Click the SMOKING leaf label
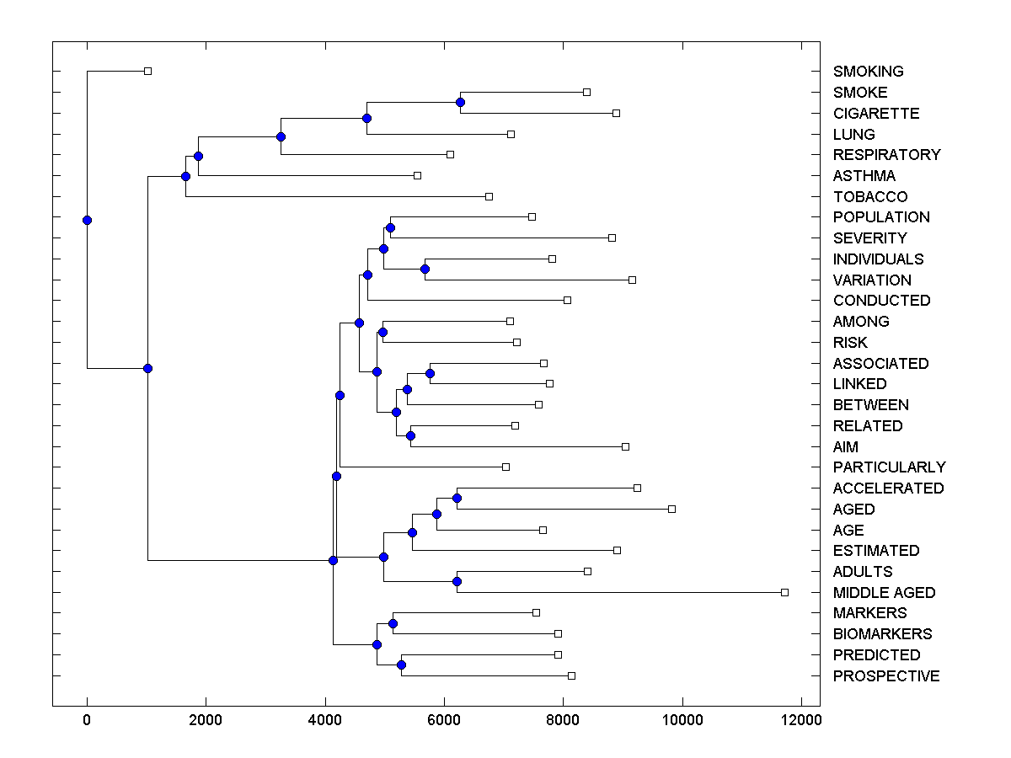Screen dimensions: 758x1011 (x=868, y=72)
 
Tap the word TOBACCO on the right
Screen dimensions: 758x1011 (x=870, y=197)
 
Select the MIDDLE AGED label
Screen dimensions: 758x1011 (x=884, y=593)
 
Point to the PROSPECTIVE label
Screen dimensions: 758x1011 (x=886, y=676)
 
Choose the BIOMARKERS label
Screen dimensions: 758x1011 (x=882, y=634)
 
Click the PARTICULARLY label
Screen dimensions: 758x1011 (x=889, y=467)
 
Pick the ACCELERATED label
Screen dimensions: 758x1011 (x=888, y=488)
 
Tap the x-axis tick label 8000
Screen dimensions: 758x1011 (x=563, y=719)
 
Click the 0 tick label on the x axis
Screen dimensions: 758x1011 (x=87, y=719)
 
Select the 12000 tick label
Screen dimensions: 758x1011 (x=800, y=719)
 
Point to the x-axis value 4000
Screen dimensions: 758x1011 (x=325, y=719)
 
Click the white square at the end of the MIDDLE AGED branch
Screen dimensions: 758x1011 (x=784, y=593)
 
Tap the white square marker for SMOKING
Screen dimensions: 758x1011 (x=147, y=72)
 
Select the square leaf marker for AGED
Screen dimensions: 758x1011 (x=671, y=509)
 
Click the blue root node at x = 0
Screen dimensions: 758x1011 (x=87, y=220)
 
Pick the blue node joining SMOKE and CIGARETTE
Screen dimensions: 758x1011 (x=460, y=103)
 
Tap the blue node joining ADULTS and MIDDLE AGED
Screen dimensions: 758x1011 (x=457, y=581)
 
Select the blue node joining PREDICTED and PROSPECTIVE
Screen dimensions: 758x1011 (x=401, y=665)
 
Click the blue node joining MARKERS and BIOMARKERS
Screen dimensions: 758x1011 (x=393, y=623)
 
